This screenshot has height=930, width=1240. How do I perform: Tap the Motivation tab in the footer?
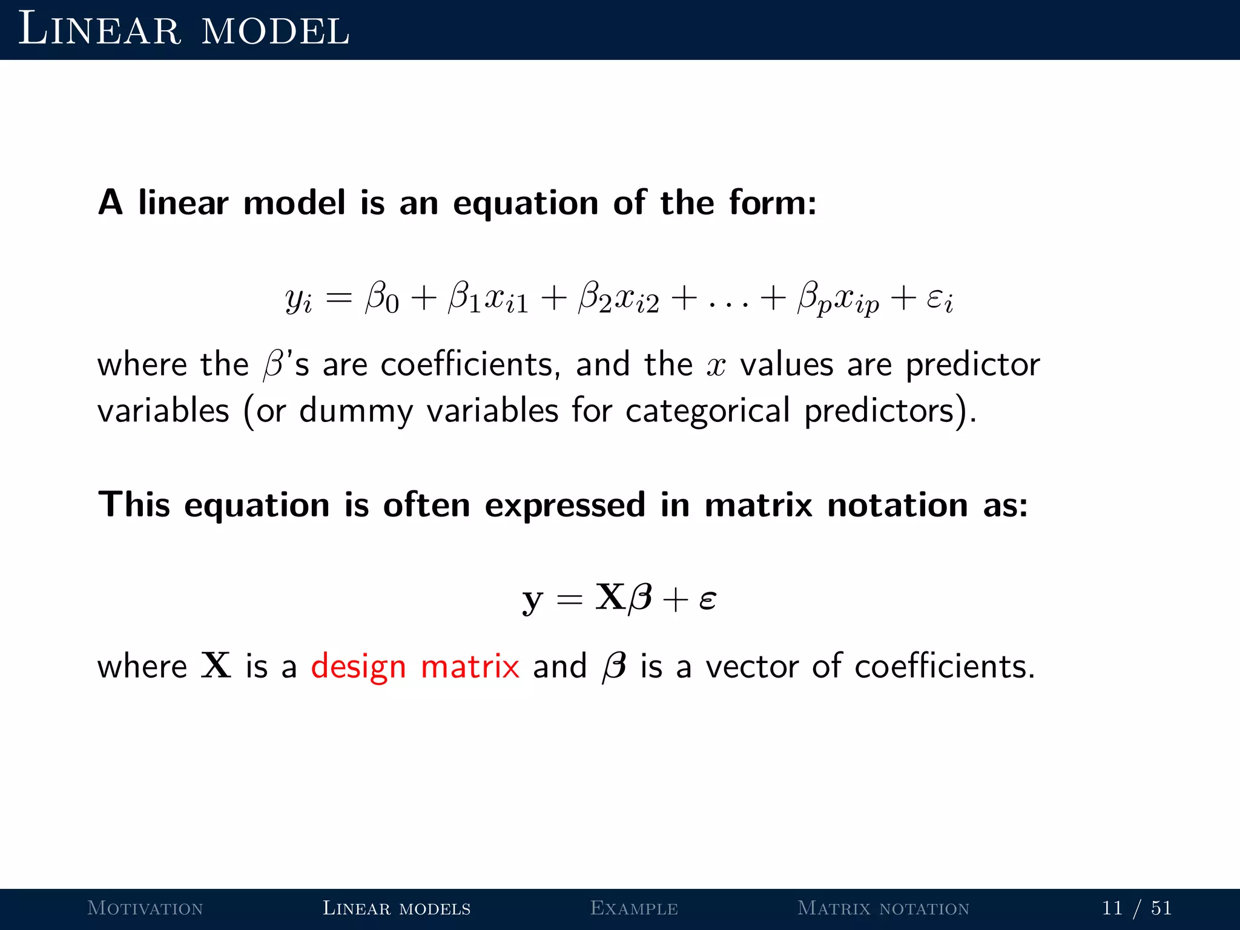(x=145, y=908)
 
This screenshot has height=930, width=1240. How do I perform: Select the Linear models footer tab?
(x=397, y=908)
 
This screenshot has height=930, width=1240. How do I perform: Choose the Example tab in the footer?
(x=634, y=908)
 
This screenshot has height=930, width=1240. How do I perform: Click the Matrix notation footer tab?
(x=883, y=908)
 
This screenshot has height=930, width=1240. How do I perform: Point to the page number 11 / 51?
(x=1136, y=908)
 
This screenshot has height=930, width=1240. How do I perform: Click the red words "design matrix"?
(x=415, y=667)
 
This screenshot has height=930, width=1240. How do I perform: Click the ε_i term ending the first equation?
(x=940, y=299)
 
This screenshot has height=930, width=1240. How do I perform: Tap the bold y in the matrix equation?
(x=532, y=599)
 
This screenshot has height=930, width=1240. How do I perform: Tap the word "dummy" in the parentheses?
(x=356, y=412)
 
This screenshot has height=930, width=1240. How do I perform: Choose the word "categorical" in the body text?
(x=708, y=412)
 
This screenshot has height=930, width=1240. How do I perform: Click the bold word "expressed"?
(x=565, y=505)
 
